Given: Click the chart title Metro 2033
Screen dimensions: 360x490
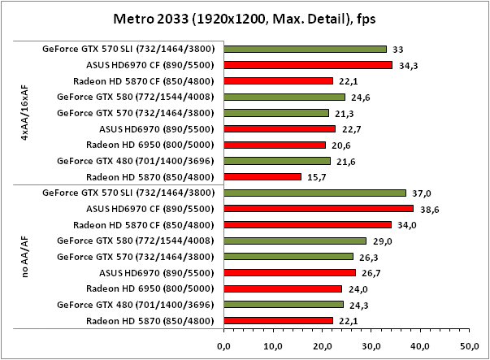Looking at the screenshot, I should click(245, 17).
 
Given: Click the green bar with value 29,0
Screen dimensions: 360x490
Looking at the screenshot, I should click(295, 241).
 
